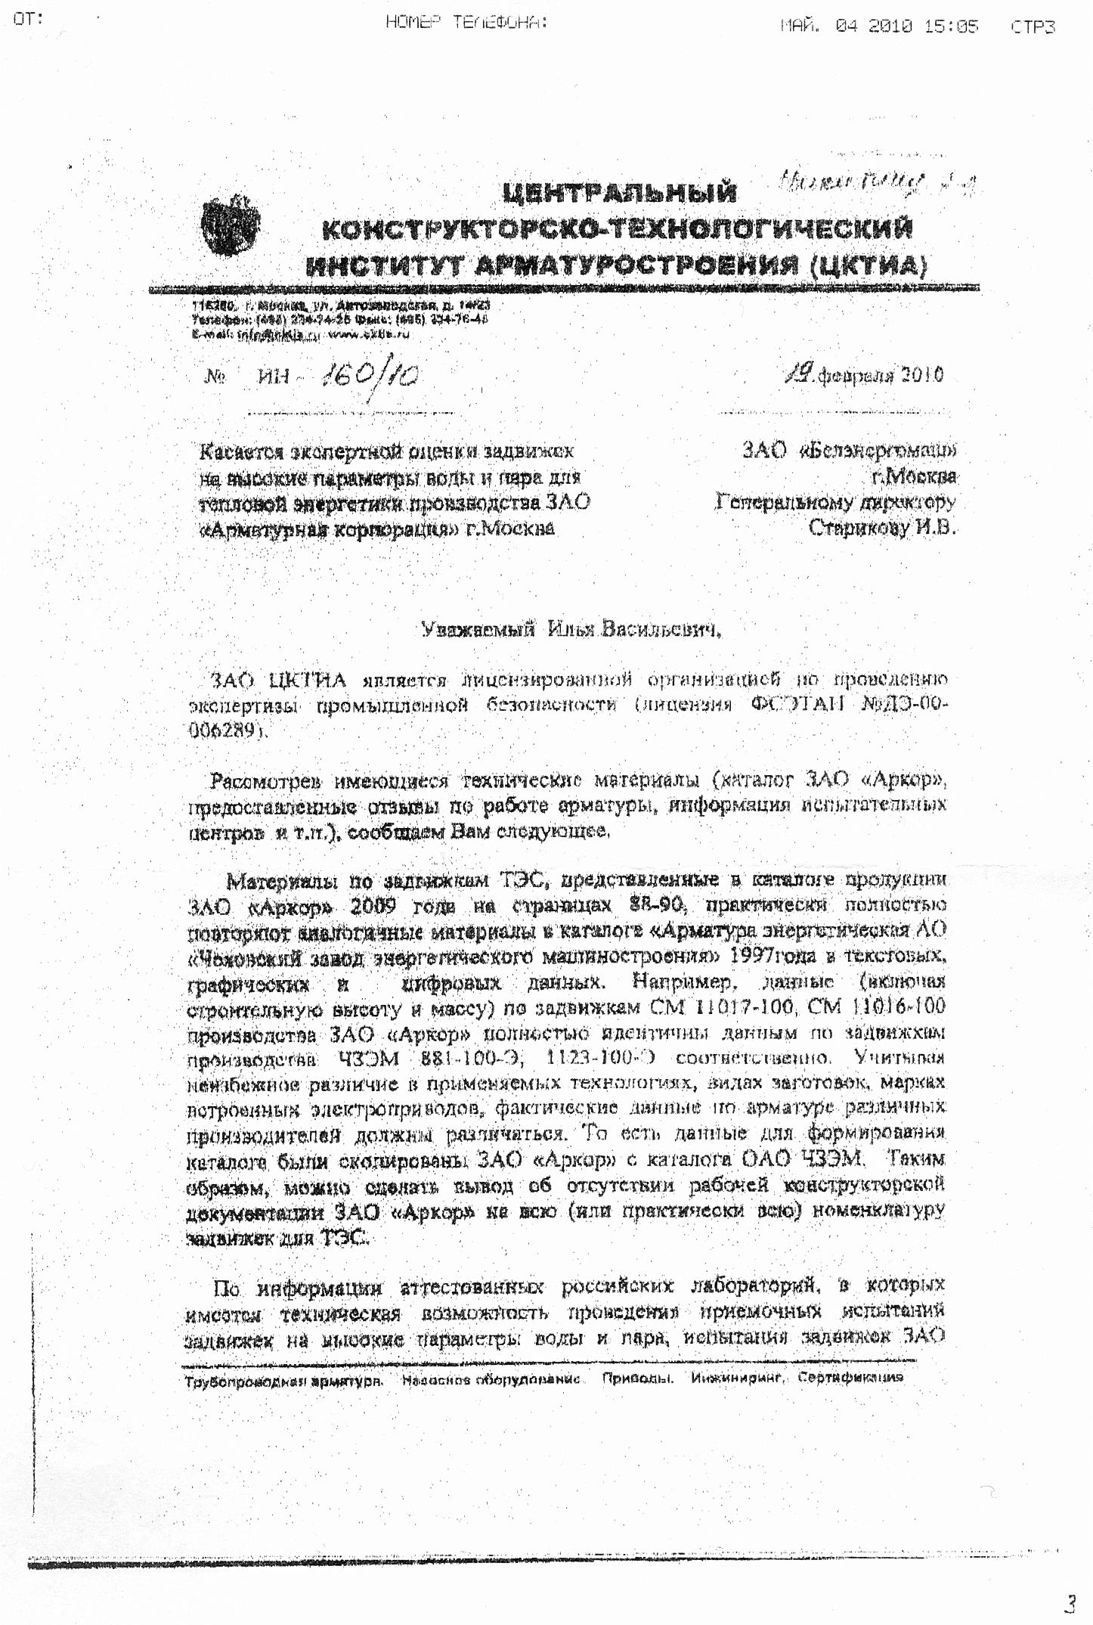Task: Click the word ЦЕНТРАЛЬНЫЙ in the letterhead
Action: [619, 192]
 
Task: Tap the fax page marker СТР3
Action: [1033, 26]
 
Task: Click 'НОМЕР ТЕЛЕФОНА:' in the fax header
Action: [466, 23]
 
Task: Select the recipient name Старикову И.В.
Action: [881, 527]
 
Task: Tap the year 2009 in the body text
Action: [378, 905]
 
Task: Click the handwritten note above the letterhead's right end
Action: [876, 182]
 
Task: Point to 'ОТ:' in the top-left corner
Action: [29, 19]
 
